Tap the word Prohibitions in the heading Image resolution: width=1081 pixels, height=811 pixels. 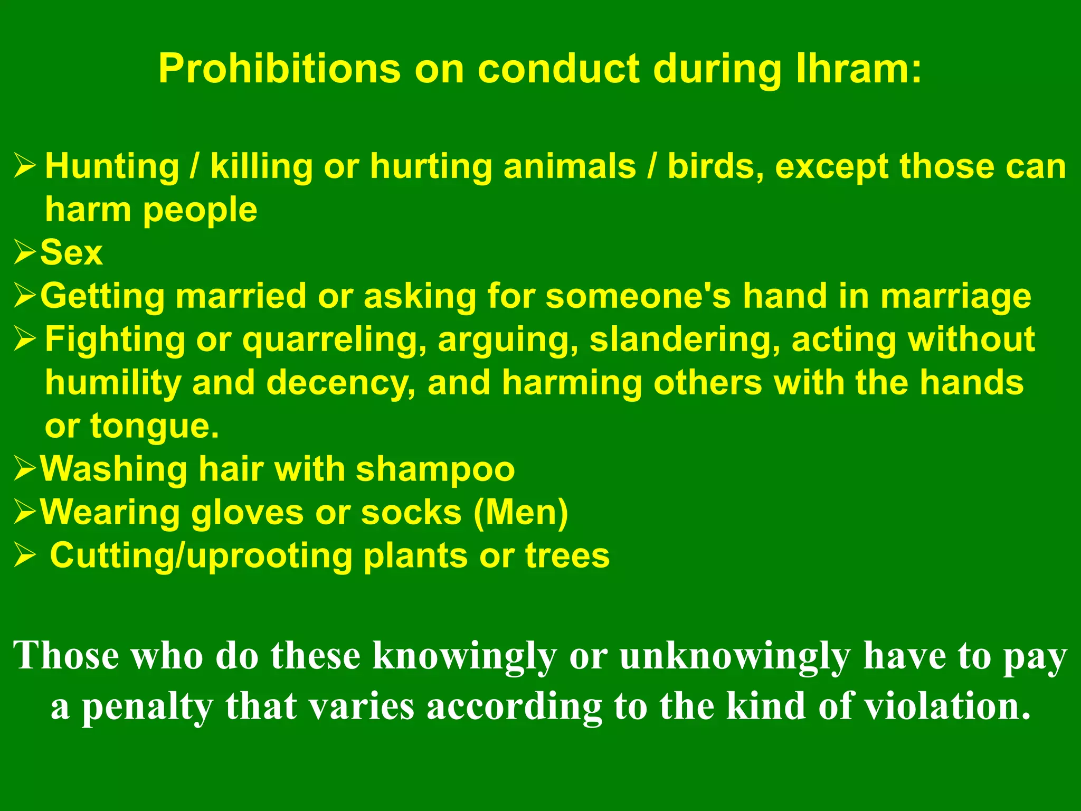pos(279,69)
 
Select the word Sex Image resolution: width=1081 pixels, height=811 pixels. pos(71,252)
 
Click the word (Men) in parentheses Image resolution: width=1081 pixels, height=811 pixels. pos(520,512)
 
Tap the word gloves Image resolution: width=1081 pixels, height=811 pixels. pos(247,513)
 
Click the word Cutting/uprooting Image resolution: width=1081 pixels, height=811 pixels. pos(201,557)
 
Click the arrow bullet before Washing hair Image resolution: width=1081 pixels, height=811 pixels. pos(24,469)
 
